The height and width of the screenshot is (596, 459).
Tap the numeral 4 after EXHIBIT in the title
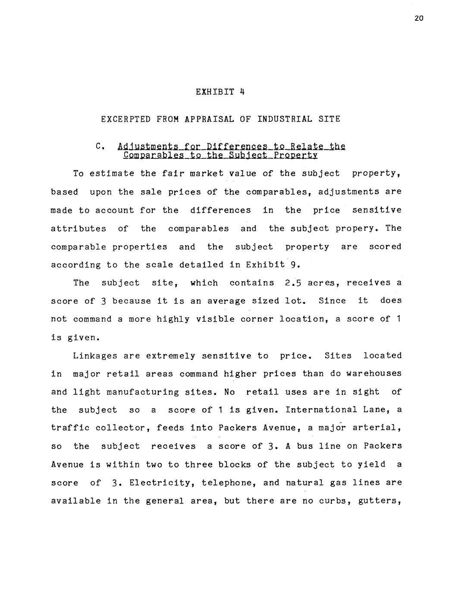(242, 92)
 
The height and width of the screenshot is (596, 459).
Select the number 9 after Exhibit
(292, 265)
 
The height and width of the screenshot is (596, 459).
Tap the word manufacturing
(142, 392)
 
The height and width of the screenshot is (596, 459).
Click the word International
(321, 410)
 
